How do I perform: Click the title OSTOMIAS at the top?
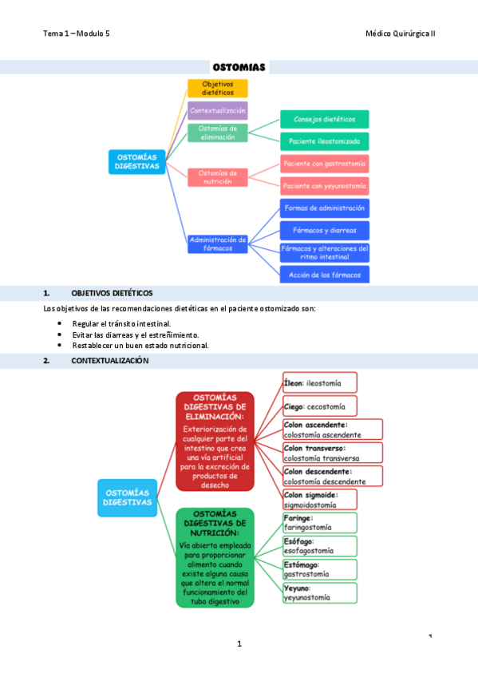pos(239,67)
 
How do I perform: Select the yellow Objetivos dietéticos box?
pos(218,88)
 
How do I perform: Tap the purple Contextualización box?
pos(218,110)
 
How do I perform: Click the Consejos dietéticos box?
pos(324,119)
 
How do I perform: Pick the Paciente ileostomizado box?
pos(324,141)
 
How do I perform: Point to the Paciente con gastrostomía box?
pos(324,164)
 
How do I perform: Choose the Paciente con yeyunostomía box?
pos(324,186)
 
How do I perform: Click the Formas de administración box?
pos(324,208)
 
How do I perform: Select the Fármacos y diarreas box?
pos(324,230)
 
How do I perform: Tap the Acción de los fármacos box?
pos(324,275)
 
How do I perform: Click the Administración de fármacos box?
pos(218,243)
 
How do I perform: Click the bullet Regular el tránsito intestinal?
pos(120,323)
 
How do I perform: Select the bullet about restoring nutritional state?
pos(140,346)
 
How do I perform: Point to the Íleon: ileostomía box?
pos(320,382)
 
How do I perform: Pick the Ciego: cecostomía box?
pos(320,406)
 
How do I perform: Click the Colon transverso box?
pos(332,453)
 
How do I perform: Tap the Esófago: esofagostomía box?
pos(320,546)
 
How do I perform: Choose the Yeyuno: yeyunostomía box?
pos(320,592)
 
